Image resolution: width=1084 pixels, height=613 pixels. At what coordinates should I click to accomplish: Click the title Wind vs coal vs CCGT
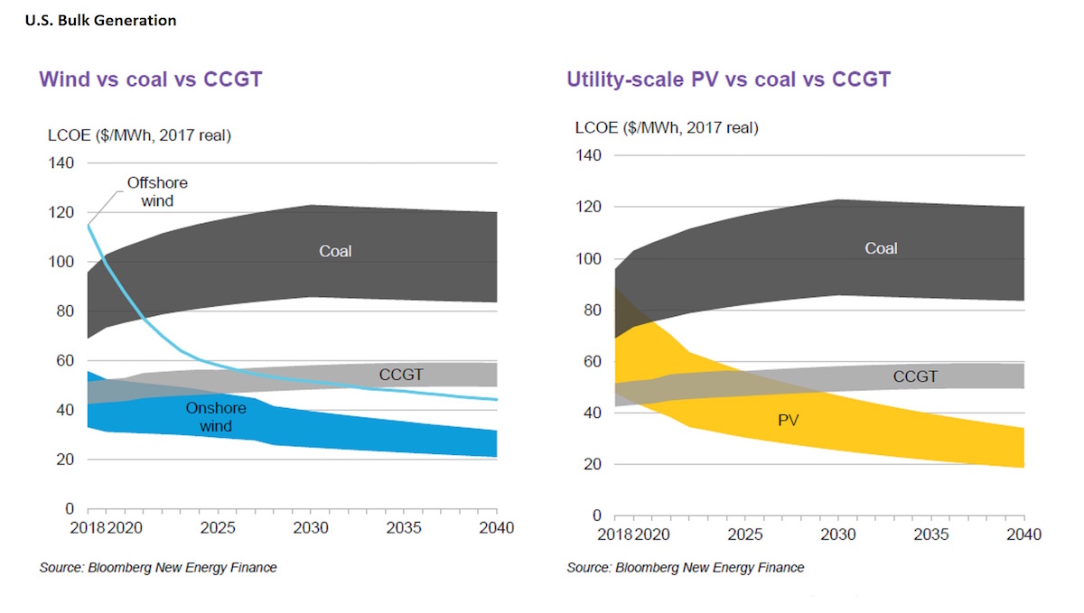point(150,79)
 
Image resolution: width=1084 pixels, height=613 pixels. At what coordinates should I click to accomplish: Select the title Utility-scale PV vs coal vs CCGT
point(728,79)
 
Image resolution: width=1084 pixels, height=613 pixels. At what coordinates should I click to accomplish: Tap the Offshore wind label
point(157,191)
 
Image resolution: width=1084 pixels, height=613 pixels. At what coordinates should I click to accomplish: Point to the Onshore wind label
point(216,416)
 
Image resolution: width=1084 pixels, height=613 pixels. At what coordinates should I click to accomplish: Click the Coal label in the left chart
point(335,251)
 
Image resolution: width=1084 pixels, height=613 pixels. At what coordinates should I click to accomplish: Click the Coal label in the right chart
point(881,247)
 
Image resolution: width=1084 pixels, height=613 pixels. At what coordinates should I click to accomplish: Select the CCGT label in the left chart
point(401,374)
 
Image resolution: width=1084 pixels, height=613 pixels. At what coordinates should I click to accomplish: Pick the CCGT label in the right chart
point(915,376)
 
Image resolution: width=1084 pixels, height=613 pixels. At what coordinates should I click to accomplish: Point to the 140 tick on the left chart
point(61,163)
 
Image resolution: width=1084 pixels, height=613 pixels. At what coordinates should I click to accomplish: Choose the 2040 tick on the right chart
point(1023,534)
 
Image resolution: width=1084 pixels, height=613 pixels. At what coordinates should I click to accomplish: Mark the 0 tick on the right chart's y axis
point(596,516)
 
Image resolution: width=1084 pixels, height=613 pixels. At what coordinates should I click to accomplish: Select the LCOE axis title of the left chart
point(139,136)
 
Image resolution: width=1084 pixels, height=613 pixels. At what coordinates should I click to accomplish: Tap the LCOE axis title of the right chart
point(667,127)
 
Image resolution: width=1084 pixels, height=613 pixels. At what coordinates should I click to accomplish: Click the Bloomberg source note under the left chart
point(158,568)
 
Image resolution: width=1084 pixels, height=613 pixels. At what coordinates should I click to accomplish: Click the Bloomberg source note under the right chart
point(685,568)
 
